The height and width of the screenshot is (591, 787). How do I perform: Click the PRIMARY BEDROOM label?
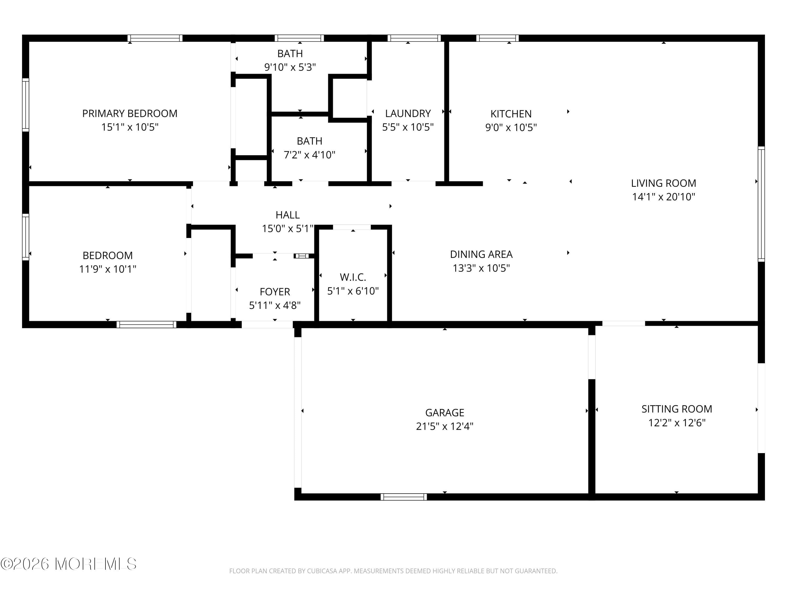point(130,113)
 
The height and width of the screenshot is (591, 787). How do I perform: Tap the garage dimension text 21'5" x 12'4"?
point(444,426)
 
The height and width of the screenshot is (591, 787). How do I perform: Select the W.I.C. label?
point(353,277)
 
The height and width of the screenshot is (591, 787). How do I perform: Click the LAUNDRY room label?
point(408,113)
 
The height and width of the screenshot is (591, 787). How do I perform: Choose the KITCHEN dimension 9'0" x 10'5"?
point(511,127)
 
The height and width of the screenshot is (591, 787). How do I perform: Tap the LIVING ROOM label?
point(663,183)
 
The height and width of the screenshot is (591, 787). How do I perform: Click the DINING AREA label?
point(481,254)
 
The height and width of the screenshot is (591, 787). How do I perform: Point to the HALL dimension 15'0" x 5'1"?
point(288,228)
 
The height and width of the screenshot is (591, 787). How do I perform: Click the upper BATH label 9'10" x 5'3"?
point(290,53)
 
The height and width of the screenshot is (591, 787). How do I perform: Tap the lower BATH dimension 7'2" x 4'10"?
point(309,155)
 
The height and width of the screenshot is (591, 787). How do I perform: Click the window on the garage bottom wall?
point(403,497)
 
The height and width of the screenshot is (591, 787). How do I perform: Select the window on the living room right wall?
point(761,204)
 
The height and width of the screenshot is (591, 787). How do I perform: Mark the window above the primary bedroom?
point(155,38)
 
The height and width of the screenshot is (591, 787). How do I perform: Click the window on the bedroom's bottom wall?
point(146,324)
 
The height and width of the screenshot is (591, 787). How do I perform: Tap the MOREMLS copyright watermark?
point(68,564)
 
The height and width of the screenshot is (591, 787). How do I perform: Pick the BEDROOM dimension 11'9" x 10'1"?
point(108,269)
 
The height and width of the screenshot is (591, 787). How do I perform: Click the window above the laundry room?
point(414,38)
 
